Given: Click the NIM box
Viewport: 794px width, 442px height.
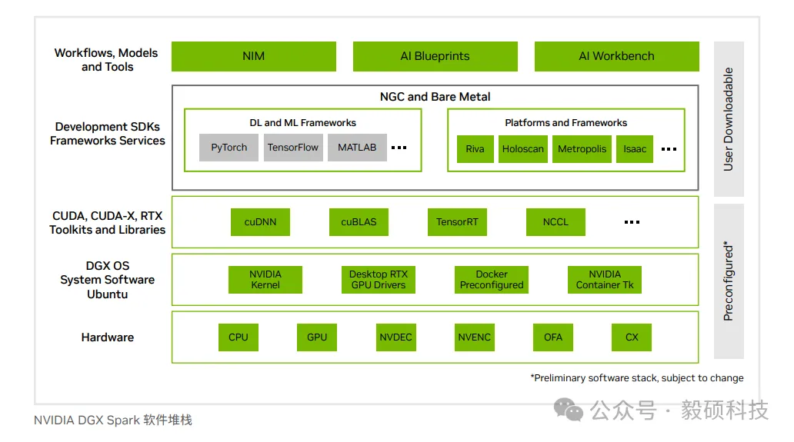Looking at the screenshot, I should click(253, 56).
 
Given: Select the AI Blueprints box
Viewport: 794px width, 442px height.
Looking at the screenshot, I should click(435, 56).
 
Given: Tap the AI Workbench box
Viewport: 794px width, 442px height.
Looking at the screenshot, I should click(616, 56).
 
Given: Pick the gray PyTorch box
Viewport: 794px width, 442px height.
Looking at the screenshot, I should click(229, 148).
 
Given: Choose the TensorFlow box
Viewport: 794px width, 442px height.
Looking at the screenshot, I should click(293, 148).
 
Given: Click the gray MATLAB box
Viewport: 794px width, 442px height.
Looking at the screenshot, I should click(357, 148).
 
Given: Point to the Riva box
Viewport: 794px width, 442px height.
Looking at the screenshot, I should click(475, 149).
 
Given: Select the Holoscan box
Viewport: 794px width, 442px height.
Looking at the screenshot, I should click(523, 149).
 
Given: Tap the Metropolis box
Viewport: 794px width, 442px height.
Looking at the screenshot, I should click(582, 149).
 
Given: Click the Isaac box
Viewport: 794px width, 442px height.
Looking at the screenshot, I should click(635, 149).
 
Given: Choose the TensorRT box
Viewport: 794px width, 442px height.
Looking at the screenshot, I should click(457, 222).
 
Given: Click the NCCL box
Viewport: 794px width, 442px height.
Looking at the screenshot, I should click(555, 222).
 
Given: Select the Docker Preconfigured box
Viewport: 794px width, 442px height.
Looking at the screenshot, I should click(492, 280).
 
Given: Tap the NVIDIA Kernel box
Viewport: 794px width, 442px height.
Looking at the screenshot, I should click(265, 280).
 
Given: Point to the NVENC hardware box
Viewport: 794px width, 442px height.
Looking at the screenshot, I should click(474, 337).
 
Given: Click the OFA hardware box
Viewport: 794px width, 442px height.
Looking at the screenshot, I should click(553, 337).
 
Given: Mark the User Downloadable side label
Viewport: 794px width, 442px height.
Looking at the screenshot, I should click(729, 119).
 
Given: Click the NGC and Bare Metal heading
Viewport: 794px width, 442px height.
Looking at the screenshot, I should click(435, 97).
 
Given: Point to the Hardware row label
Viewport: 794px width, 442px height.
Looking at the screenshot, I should click(108, 337).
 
